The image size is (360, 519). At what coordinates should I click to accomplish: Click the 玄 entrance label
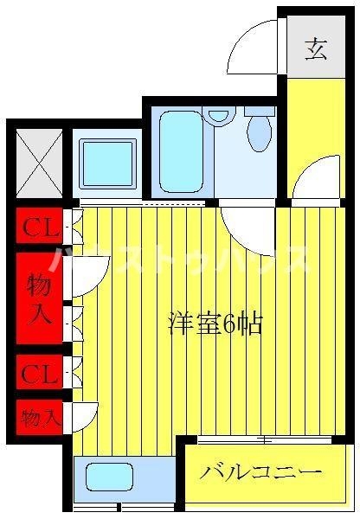316,49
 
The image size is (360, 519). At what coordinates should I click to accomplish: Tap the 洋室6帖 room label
215,324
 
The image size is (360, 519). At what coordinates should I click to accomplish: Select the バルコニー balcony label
260,472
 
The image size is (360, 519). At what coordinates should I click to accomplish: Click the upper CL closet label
40,227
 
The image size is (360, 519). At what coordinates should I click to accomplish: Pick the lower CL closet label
39,375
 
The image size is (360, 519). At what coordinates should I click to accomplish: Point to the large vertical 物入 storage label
40,299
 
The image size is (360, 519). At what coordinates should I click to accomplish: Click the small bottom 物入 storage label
41,418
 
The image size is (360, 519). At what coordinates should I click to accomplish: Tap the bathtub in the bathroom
181,152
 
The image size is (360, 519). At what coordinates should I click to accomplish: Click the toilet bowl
260,134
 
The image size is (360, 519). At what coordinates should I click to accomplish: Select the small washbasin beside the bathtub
219,116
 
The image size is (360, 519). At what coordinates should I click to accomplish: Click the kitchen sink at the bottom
109,477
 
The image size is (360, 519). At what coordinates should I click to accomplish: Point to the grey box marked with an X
40,163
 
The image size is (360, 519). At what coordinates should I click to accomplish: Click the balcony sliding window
264,440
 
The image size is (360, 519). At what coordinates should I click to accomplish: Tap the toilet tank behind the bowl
260,111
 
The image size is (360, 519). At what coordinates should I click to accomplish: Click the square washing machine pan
107,163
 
